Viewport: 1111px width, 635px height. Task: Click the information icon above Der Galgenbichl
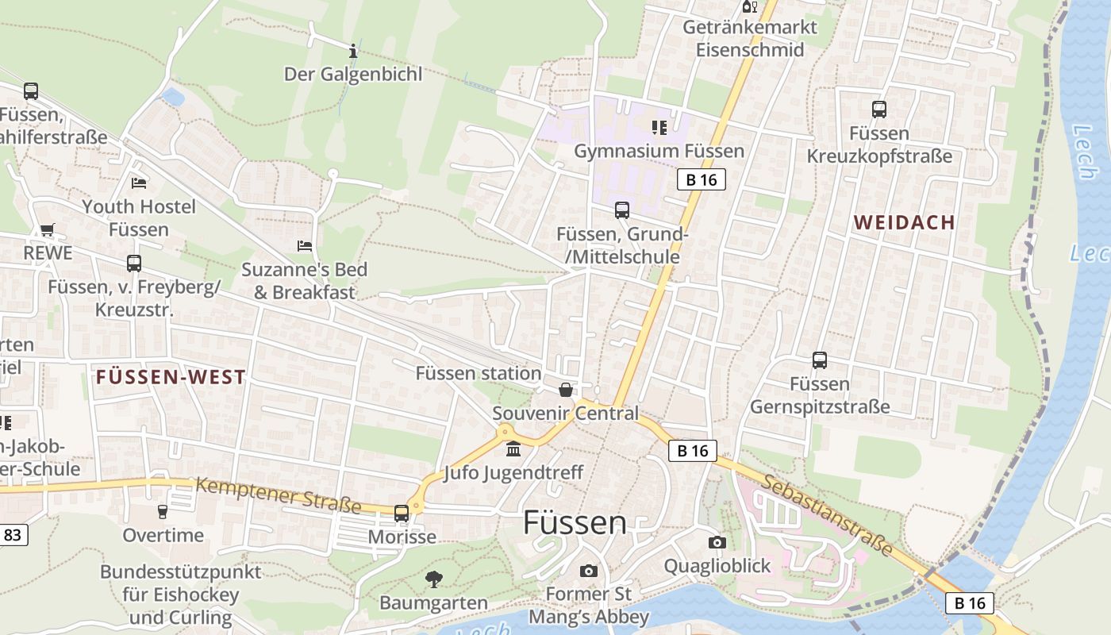coord(353,52)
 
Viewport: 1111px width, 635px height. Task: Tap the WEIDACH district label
coord(904,222)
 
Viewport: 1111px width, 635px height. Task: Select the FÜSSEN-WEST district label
coord(171,377)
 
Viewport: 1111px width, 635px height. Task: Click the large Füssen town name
coord(575,522)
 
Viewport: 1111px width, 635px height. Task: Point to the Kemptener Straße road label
coord(278,494)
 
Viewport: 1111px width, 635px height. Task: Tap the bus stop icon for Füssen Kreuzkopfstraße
coord(878,110)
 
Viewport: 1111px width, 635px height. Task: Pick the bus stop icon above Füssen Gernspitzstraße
coord(819,360)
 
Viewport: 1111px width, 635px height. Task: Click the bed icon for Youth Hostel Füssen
coord(139,183)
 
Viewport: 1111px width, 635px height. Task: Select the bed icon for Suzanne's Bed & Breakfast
coord(304,246)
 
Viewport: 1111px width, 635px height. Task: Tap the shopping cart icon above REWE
coord(47,230)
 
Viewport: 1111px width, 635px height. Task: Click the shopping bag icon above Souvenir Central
coord(565,390)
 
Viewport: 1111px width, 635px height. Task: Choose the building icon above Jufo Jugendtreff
coord(513,449)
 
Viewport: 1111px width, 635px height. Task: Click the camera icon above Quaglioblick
coord(717,542)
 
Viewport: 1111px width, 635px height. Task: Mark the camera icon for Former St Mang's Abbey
coord(588,571)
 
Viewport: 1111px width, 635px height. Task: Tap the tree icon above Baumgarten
coord(433,579)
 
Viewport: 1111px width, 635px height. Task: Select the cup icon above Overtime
coord(163,511)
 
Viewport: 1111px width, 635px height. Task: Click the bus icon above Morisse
coord(402,513)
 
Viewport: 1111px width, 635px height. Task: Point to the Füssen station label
coord(478,373)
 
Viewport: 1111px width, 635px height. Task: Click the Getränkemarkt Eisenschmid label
coord(750,38)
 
